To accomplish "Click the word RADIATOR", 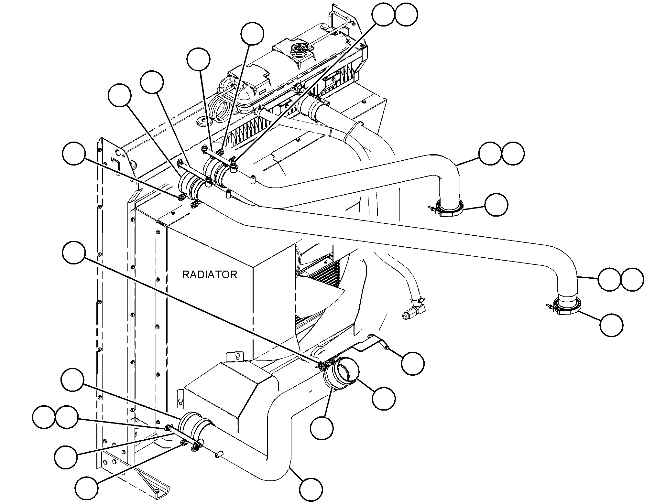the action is pyautogui.click(x=210, y=275).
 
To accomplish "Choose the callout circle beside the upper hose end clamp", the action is pyautogui.click(x=496, y=205).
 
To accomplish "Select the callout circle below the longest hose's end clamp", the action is pyautogui.click(x=611, y=325).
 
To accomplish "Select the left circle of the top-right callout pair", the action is pyautogui.click(x=383, y=14).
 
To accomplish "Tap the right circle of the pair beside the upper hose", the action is pyautogui.click(x=513, y=153).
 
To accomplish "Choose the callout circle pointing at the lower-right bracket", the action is pyautogui.click(x=412, y=364).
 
